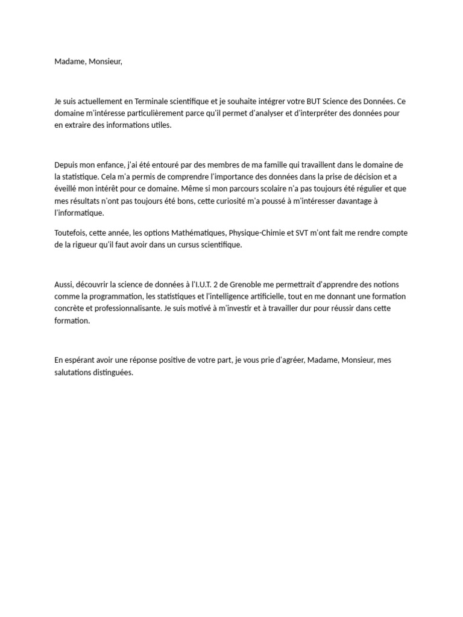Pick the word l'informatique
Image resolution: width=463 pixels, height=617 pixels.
79,213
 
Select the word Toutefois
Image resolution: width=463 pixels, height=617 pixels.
70,233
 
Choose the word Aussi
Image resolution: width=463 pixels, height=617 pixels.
63,284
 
